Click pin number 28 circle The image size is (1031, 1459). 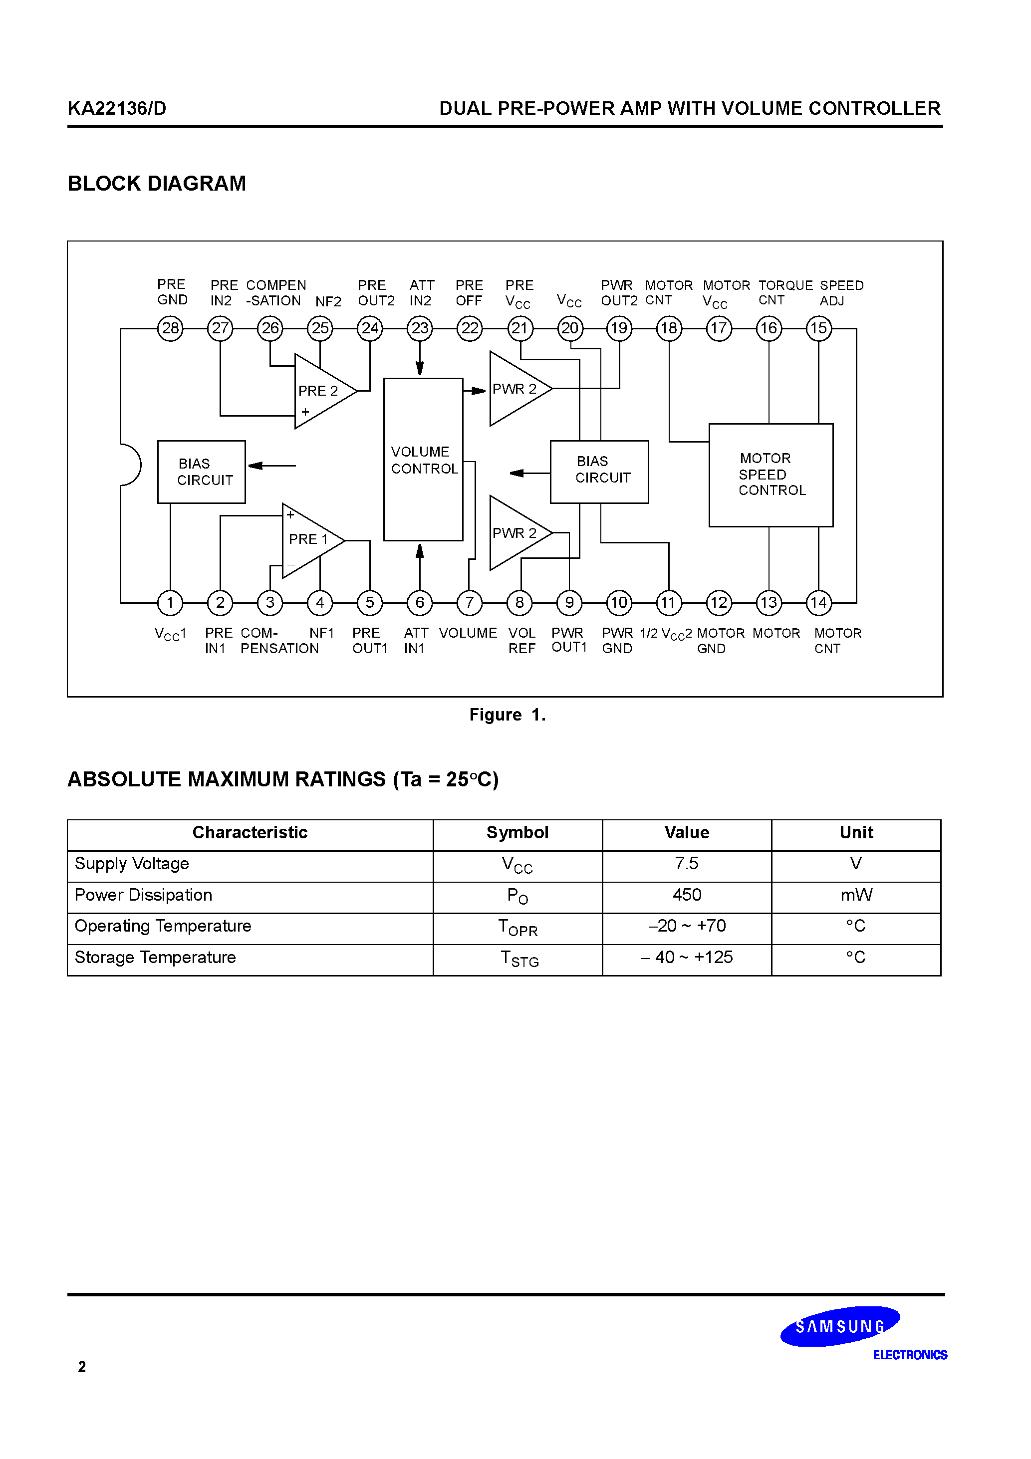[170, 328]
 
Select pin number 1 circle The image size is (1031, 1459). [170, 602]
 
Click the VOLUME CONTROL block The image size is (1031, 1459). [423, 460]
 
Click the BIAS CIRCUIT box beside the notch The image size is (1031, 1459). [202, 472]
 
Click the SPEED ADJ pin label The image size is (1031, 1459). [841, 292]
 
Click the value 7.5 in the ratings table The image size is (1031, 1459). [687, 864]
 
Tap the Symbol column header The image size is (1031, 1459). [517, 832]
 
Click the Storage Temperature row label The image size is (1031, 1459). [155, 957]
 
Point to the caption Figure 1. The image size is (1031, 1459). [507, 715]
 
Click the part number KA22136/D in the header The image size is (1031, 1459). [117, 109]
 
